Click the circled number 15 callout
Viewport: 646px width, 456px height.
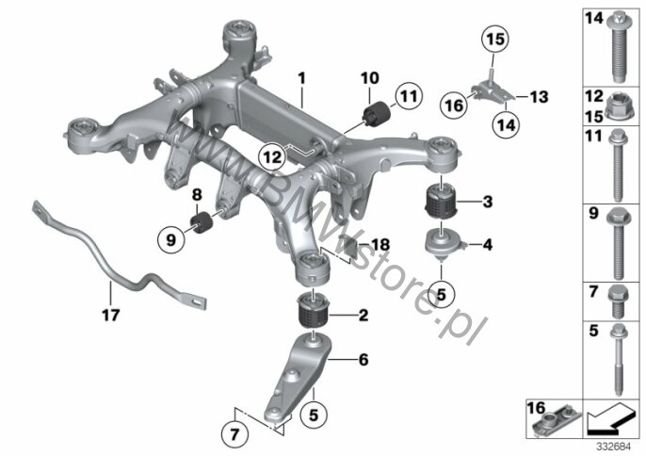[x=495, y=40]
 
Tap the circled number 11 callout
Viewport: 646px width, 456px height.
[x=409, y=96]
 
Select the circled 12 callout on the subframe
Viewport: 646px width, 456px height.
[x=273, y=156]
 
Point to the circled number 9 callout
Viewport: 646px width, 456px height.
[x=171, y=239]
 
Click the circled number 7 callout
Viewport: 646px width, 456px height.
[x=234, y=434]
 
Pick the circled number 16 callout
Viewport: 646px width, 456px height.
[x=455, y=106]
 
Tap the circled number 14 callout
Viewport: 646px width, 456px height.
[x=507, y=124]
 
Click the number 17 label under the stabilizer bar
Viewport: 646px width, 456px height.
[x=111, y=316]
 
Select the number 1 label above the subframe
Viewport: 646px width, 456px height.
[x=302, y=78]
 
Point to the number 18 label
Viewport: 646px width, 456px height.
[x=380, y=245]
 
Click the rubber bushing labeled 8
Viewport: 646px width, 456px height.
[x=202, y=222]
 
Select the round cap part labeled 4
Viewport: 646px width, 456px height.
[x=443, y=245]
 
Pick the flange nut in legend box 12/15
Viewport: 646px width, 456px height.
[x=618, y=111]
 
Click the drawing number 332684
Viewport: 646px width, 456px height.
[x=614, y=447]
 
